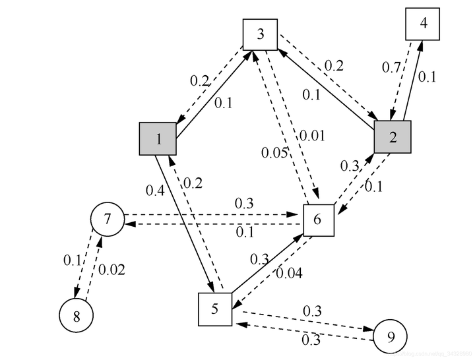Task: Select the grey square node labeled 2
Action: click(393, 137)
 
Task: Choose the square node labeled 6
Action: click(319, 220)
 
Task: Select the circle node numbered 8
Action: click(77, 316)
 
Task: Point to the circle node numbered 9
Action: click(390, 338)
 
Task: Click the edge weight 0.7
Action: click(392, 67)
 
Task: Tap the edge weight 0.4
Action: click(155, 191)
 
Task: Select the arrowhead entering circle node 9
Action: click(369, 331)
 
